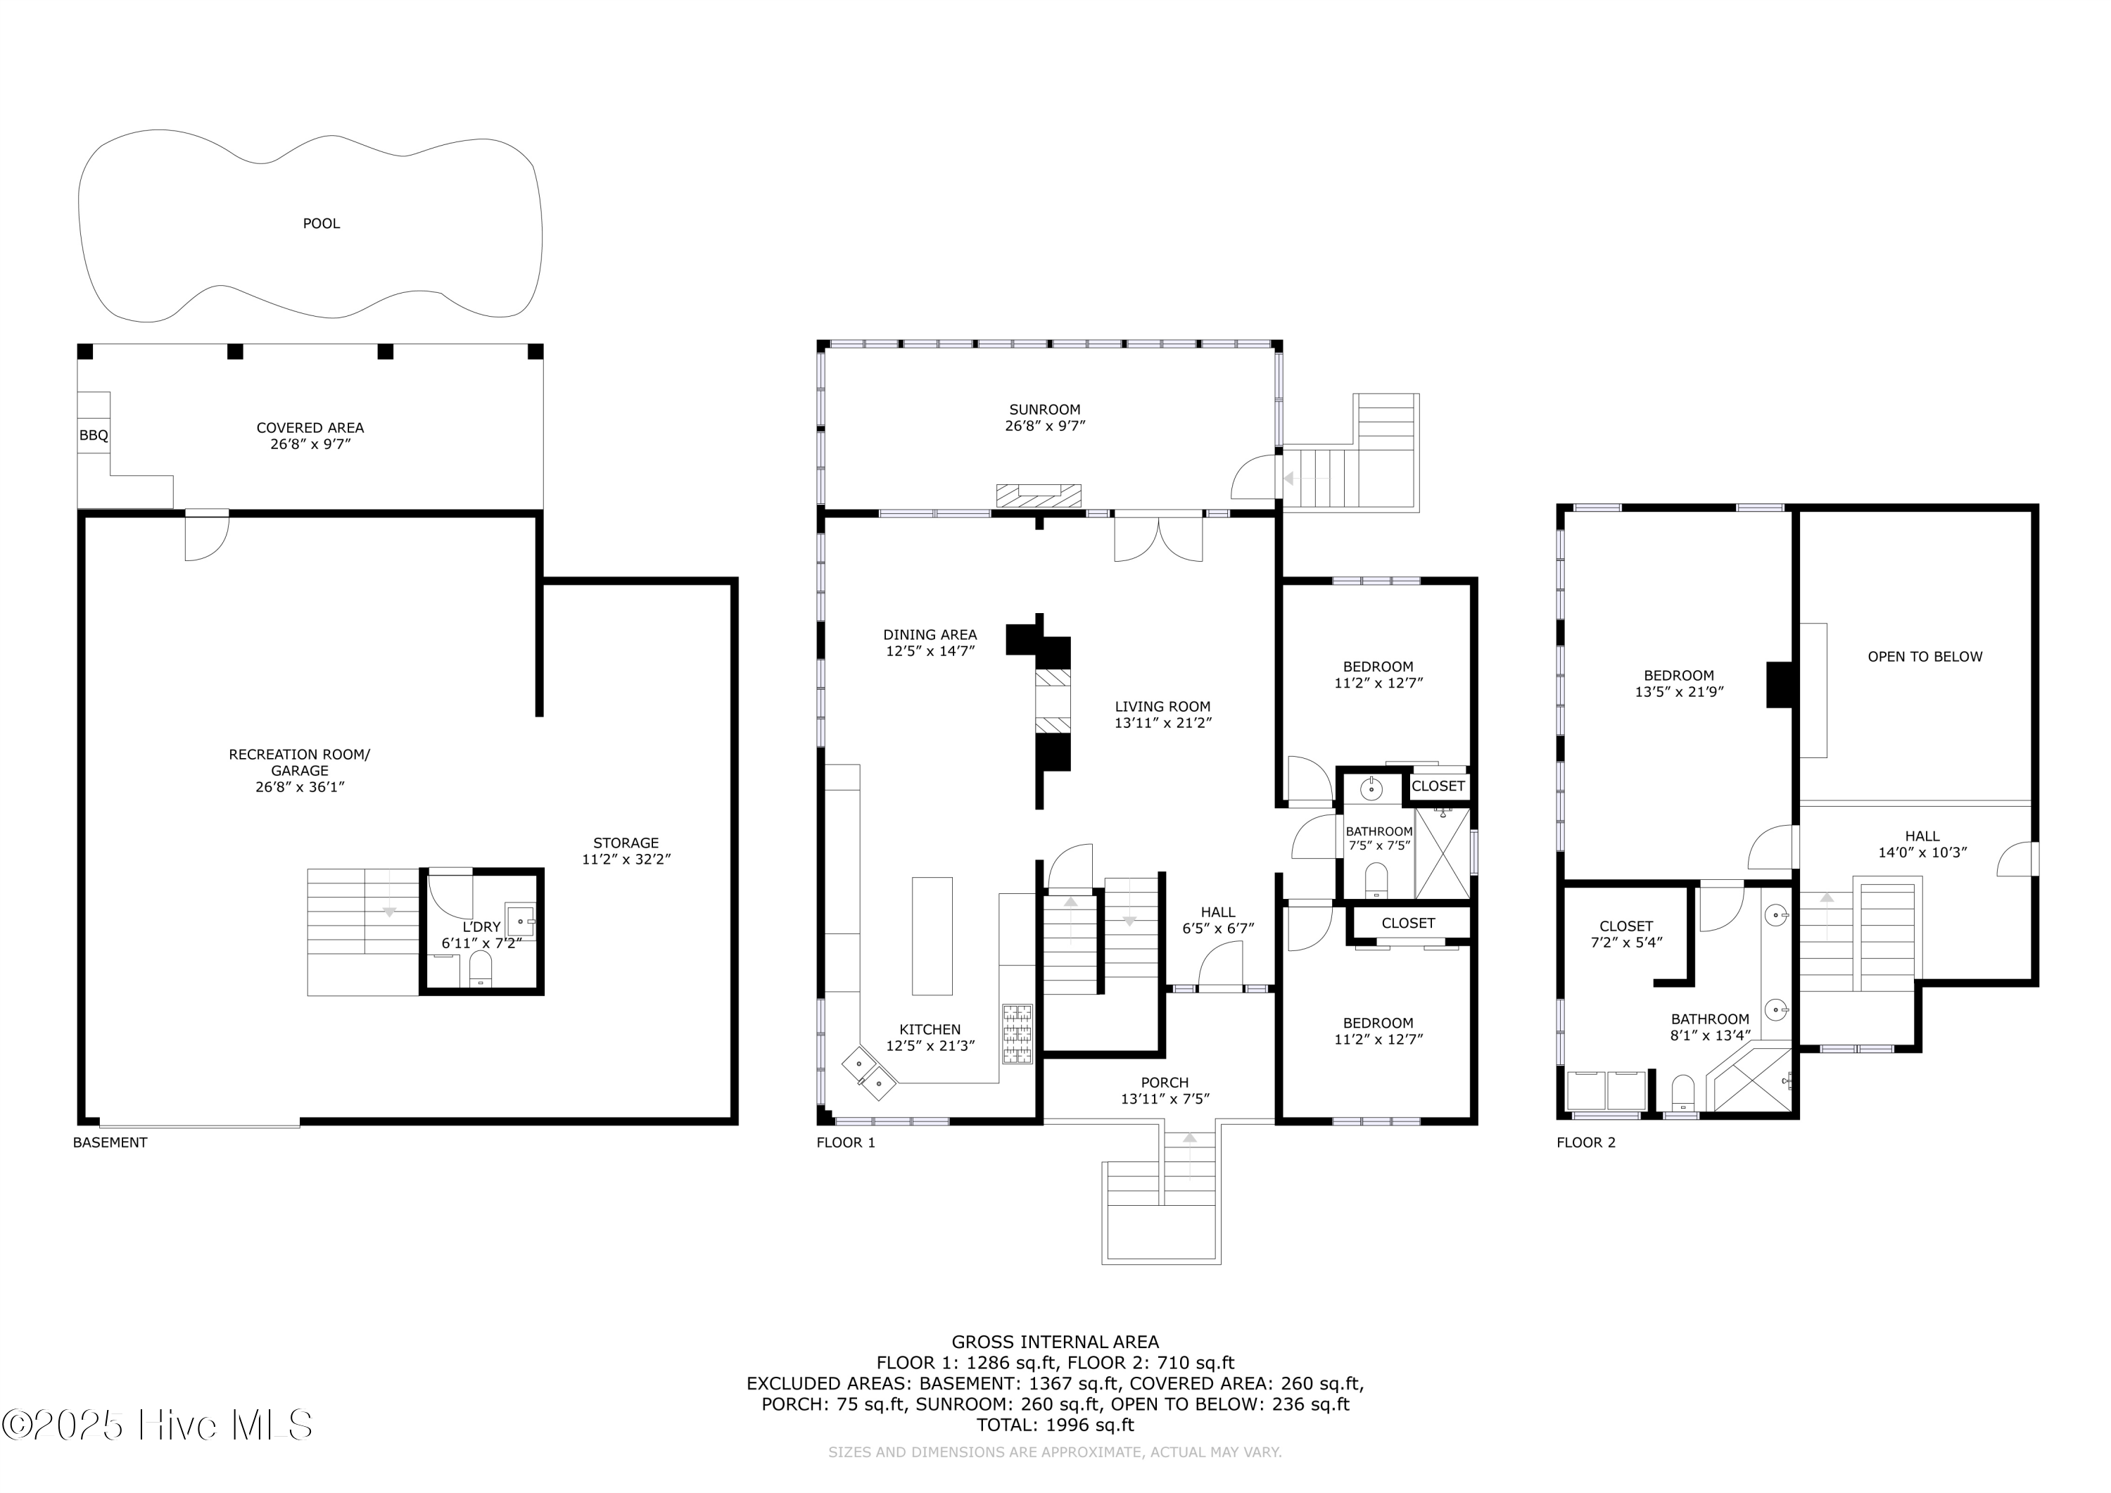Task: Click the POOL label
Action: tap(321, 224)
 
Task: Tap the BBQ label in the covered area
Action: tap(94, 435)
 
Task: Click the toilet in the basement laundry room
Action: tap(481, 969)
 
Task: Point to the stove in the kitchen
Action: tap(1017, 1035)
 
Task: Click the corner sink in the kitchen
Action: tap(869, 1073)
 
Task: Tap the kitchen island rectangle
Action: tap(932, 936)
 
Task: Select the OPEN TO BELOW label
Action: tap(1925, 657)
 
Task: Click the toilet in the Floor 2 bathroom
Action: tap(1682, 1094)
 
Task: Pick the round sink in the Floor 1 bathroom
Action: tap(1371, 789)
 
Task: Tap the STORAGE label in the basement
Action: tap(626, 843)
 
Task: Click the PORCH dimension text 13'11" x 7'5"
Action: tap(1165, 1098)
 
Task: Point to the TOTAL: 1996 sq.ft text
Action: tap(1055, 1425)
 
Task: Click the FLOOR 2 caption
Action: tap(1586, 1142)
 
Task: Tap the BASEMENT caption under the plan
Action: tap(110, 1142)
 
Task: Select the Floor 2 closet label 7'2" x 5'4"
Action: tap(1626, 942)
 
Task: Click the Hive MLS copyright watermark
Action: tap(157, 1425)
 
